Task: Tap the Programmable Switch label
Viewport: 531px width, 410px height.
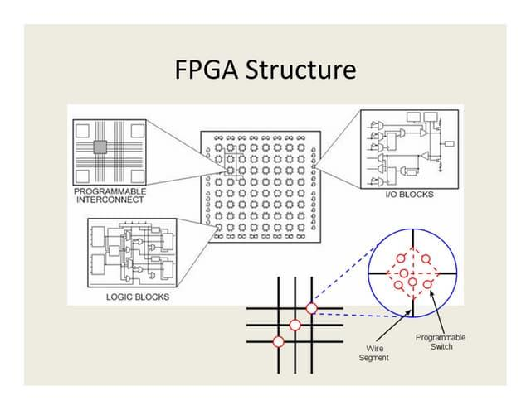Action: click(441, 341)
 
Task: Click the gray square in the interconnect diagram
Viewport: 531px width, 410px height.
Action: click(100, 147)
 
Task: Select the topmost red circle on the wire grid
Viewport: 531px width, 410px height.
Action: click(311, 309)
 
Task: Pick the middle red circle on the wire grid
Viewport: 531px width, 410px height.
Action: click(295, 325)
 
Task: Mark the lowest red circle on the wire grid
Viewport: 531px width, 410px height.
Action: click(279, 340)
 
